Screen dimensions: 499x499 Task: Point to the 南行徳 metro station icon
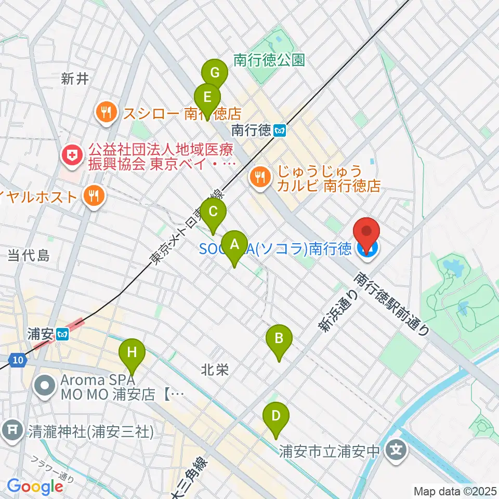click(x=280, y=130)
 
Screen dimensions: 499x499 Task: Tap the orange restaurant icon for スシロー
click(x=107, y=112)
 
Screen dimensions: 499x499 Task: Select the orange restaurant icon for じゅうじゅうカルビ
click(x=258, y=177)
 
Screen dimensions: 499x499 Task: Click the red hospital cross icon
click(x=71, y=154)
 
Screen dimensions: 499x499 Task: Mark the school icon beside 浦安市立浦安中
click(x=396, y=448)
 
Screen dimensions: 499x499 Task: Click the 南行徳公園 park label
click(x=269, y=60)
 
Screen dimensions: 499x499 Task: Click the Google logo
click(x=35, y=487)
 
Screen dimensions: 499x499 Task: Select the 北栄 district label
click(x=216, y=370)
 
